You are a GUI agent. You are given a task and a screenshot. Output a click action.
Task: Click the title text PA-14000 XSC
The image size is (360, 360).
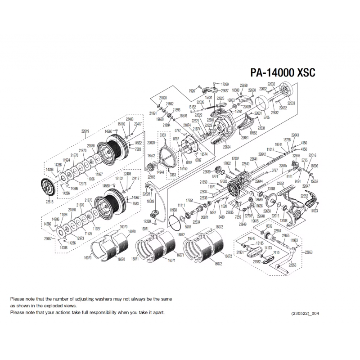282,73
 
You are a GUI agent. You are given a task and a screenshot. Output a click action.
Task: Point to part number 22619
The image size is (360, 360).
85,131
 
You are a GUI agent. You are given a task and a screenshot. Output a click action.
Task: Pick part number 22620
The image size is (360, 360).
151,143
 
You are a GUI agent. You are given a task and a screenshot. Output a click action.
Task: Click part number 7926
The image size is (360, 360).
192,90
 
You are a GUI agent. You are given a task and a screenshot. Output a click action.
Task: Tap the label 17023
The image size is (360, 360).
314,210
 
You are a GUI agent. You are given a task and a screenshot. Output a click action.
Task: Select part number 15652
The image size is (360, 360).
314,181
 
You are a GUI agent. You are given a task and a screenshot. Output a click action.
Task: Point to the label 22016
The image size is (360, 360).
312,155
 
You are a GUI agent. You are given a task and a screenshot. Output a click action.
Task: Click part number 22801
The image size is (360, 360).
211,120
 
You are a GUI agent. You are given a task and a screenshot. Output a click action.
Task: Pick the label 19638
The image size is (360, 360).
160,119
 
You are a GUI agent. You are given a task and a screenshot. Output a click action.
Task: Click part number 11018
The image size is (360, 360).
270,149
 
